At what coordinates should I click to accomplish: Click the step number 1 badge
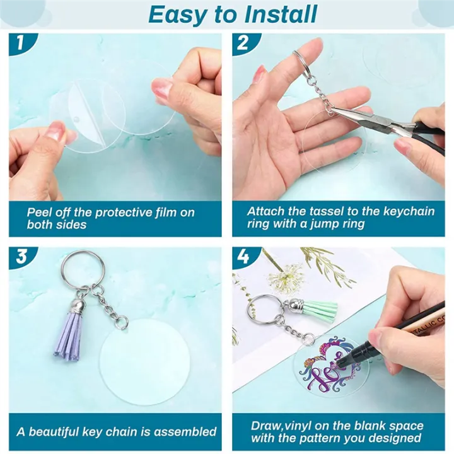pos(20,44)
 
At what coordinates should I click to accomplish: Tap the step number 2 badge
pos(242,44)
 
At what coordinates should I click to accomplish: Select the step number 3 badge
pos(21,257)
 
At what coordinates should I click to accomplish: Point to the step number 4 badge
pos(243,257)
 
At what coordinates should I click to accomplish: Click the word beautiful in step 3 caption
pos(59,432)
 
